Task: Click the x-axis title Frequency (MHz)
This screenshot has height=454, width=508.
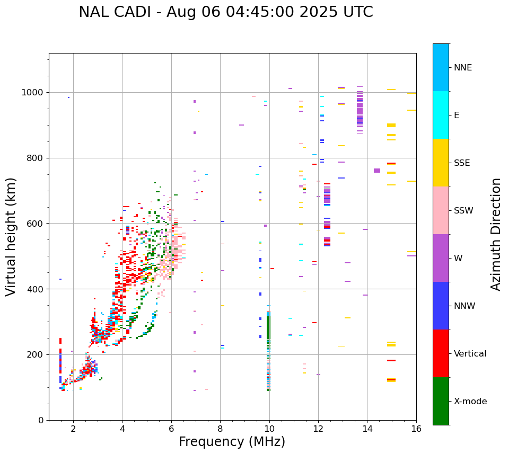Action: click(x=232, y=442)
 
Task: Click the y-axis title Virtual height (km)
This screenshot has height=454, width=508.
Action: click(x=11, y=237)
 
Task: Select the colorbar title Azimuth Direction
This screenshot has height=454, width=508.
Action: click(x=496, y=234)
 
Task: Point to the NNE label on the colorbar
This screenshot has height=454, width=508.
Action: click(x=462, y=68)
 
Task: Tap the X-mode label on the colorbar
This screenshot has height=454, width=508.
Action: click(x=470, y=402)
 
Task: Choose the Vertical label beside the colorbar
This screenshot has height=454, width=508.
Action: click(x=470, y=354)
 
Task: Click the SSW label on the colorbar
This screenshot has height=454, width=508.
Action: click(x=463, y=211)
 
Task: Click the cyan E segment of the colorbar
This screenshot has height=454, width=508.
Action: click(x=441, y=115)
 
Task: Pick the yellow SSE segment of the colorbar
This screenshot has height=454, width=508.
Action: click(x=441, y=163)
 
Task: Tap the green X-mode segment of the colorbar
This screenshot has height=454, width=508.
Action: click(x=441, y=401)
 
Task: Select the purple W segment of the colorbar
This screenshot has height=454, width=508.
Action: click(x=441, y=258)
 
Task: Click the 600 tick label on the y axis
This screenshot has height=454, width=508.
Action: click(x=37, y=224)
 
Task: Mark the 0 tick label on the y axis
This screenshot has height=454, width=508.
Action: click(x=41, y=420)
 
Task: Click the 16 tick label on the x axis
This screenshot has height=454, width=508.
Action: click(x=416, y=429)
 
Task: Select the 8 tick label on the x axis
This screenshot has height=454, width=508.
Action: click(x=220, y=429)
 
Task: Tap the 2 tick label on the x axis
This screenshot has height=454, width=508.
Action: click(x=73, y=429)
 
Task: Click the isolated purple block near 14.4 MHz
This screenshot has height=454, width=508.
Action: click(x=377, y=171)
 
